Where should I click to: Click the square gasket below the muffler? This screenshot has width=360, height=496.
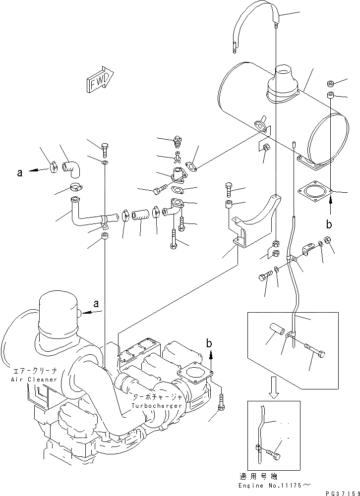click(315, 191)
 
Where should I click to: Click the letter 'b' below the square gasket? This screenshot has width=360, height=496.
click(328, 224)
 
